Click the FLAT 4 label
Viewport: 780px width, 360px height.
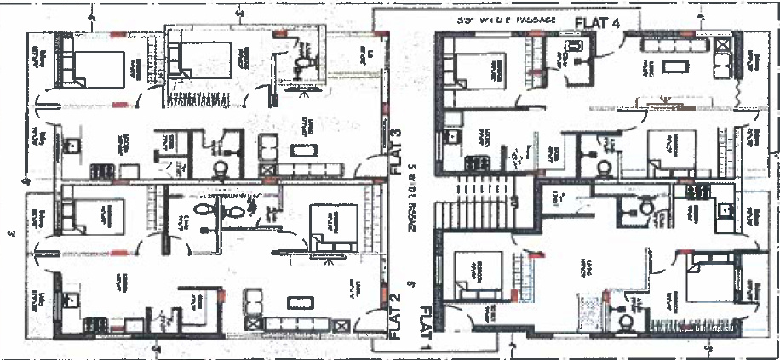tap(597, 21)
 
